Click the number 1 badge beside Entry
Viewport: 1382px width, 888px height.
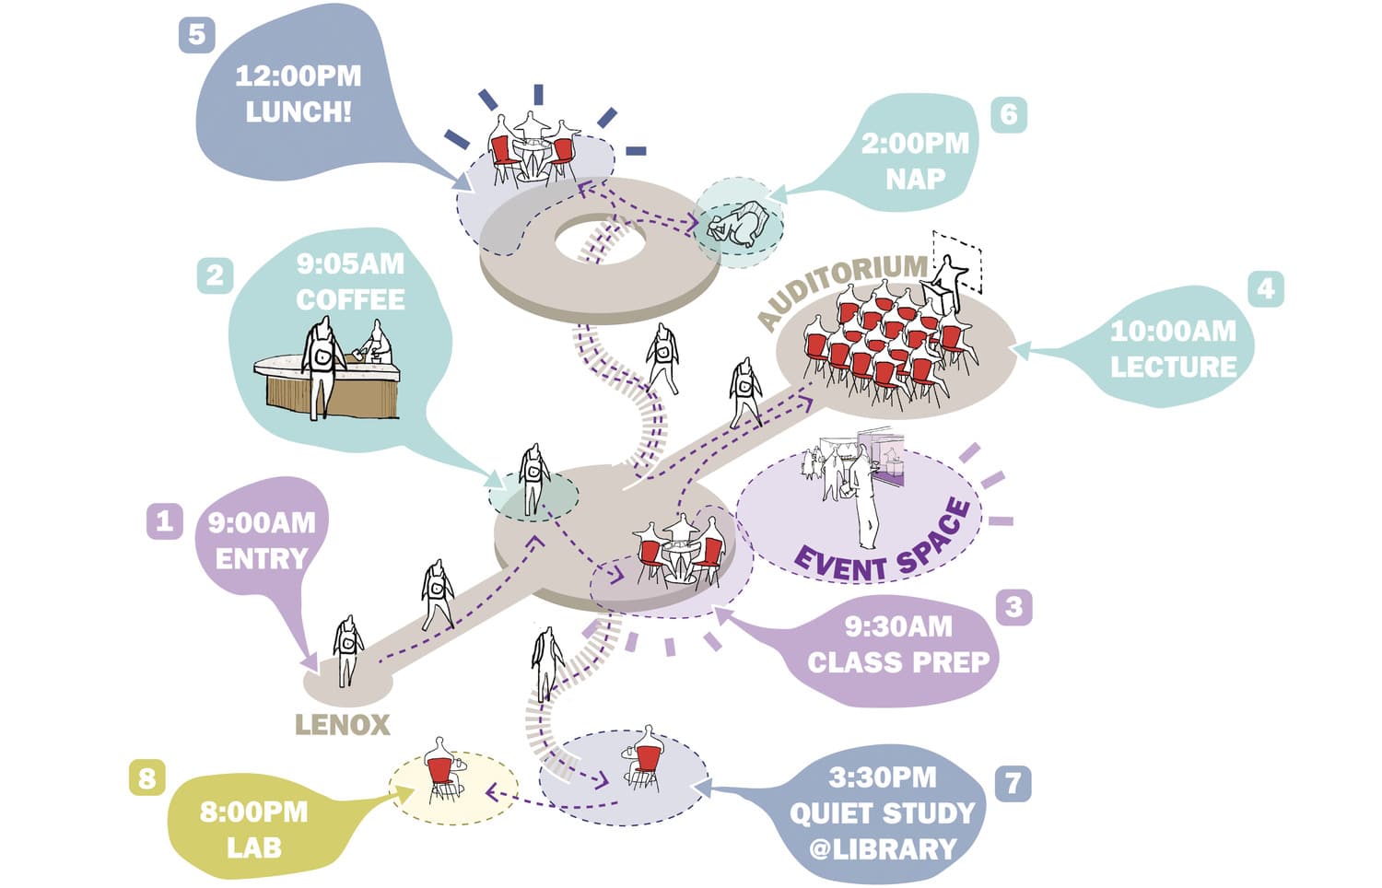164,520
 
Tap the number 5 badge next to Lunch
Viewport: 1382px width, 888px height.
195,35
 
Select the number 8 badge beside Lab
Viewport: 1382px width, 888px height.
146,778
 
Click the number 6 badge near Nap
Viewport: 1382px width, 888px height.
1008,114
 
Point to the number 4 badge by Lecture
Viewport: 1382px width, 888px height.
1265,288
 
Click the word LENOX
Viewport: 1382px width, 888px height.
342,725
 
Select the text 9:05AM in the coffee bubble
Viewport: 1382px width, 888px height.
350,264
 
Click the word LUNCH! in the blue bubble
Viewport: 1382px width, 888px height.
298,111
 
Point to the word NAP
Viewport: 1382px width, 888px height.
915,179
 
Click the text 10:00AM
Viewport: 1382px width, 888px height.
1173,331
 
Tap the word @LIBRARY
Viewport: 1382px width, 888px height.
883,848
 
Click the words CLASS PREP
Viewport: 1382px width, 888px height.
897,661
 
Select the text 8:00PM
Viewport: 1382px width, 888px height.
253,812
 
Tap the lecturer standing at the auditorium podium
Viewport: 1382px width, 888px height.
948,276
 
